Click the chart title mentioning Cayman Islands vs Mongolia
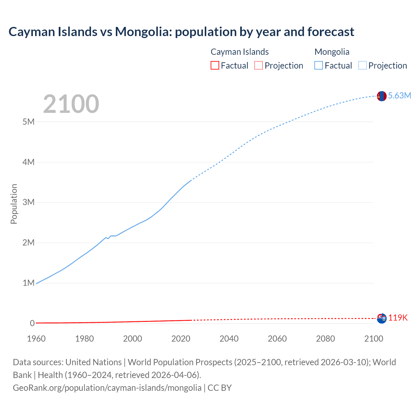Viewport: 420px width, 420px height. pyautogui.click(x=181, y=32)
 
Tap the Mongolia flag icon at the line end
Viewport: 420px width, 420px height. pyautogui.click(x=382, y=96)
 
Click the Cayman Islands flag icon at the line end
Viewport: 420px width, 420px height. pyautogui.click(x=382, y=318)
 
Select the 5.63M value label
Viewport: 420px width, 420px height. pyautogui.click(x=399, y=95)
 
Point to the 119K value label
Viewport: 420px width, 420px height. pyautogui.click(x=398, y=318)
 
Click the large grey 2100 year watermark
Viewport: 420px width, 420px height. pyautogui.click(x=71, y=104)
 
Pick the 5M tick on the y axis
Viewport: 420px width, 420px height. pyautogui.click(x=29, y=122)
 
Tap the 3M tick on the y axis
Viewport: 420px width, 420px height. pyautogui.click(x=29, y=202)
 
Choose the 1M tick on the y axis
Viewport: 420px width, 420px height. pyautogui.click(x=29, y=283)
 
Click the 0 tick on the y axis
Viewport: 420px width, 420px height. pyautogui.click(x=32, y=323)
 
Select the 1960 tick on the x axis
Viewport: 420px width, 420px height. pyautogui.click(x=36, y=339)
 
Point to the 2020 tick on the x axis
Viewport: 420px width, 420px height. pyautogui.click(x=181, y=339)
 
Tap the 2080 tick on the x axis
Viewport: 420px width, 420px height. pyautogui.click(x=325, y=339)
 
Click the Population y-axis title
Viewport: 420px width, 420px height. pyautogui.click(x=14, y=204)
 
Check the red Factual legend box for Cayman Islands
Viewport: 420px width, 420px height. pyautogui.click(x=215, y=65)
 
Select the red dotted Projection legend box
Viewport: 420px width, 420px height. pyautogui.click(x=259, y=65)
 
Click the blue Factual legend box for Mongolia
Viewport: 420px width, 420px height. pyautogui.click(x=319, y=65)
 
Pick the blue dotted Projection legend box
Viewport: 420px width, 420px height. pyautogui.click(x=363, y=65)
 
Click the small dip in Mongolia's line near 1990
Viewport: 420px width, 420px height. pyautogui.click(x=108, y=238)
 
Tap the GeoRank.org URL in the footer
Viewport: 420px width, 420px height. pyautogui.click(x=107, y=388)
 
